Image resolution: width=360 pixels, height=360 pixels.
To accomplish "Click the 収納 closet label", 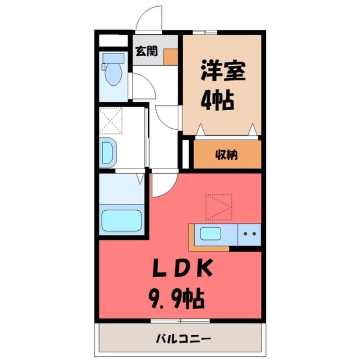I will click(226, 155).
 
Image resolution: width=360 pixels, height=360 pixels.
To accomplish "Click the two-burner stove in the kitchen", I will click(249, 234).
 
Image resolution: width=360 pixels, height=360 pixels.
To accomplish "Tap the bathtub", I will click(122, 220).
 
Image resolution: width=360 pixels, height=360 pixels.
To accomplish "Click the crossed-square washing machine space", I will click(111, 120).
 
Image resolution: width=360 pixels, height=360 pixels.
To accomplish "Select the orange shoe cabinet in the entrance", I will click(170, 57).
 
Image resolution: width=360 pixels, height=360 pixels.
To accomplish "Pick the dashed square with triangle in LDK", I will click(219, 207).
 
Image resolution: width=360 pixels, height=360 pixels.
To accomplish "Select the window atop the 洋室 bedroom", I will click(205, 32).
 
